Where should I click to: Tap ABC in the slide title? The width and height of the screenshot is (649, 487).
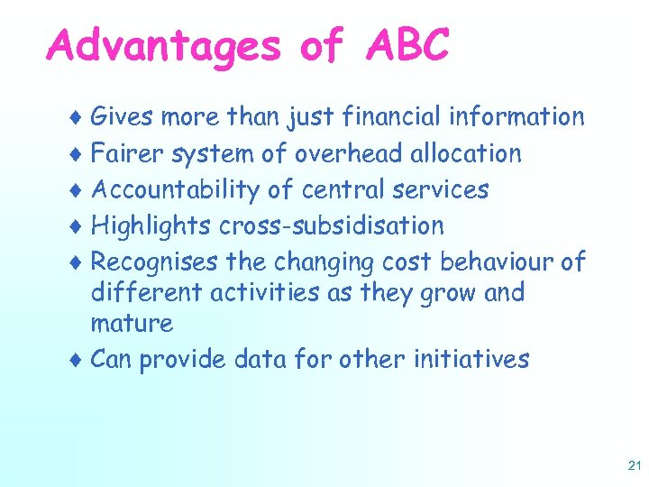tap(407, 45)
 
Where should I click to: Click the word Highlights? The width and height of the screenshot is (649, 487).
tap(150, 225)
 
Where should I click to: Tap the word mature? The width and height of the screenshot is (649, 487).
tap(132, 322)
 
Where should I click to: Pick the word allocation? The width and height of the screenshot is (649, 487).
tap(466, 153)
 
